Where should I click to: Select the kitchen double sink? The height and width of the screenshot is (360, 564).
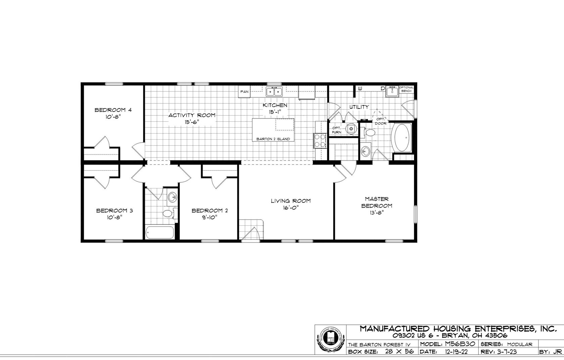274,91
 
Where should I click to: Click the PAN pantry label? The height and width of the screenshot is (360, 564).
244,91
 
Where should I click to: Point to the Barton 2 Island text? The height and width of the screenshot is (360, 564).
273,139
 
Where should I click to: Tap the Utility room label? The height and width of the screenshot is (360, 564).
359,107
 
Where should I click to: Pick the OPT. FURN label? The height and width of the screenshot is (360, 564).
336,130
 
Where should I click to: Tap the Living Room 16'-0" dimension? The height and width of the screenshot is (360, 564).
290,208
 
